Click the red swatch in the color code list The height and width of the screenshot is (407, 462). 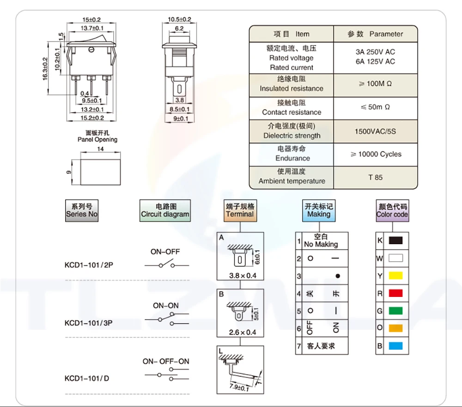(x=396, y=293)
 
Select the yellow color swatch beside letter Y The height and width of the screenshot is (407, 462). (x=396, y=276)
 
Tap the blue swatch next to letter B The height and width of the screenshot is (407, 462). (x=396, y=346)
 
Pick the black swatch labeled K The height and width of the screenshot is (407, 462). (x=396, y=240)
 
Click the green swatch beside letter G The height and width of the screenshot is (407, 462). (x=396, y=311)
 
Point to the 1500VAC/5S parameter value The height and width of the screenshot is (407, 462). (x=375, y=131)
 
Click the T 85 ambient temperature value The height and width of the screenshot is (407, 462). (x=375, y=177)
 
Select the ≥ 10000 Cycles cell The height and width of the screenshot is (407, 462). (x=375, y=154)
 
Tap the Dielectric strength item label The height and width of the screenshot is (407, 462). (x=292, y=136)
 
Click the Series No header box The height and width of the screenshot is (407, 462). (x=82, y=210)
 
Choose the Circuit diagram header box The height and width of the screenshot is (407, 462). (x=165, y=210)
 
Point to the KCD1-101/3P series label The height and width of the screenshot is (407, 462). (x=89, y=323)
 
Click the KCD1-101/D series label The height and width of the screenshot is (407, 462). (x=87, y=378)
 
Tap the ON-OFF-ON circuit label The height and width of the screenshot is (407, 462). (x=166, y=361)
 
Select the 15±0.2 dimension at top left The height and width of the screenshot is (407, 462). (x=91, y=19)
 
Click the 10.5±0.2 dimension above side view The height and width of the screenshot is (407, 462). (x=179, y=19)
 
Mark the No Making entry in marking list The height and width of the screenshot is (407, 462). (x=321, y=244)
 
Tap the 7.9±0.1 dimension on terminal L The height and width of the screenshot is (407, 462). (x=239, y=388)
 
